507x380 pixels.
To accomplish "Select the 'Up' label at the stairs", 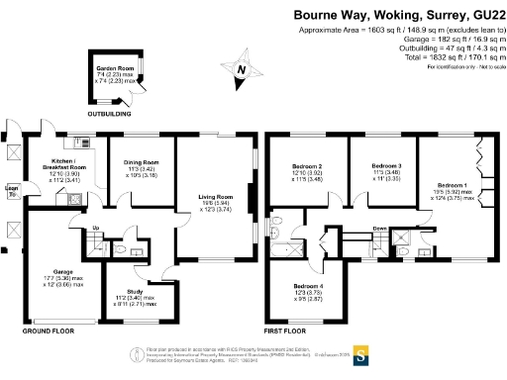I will (95, 230).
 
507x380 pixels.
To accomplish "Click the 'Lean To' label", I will (11, 189).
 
